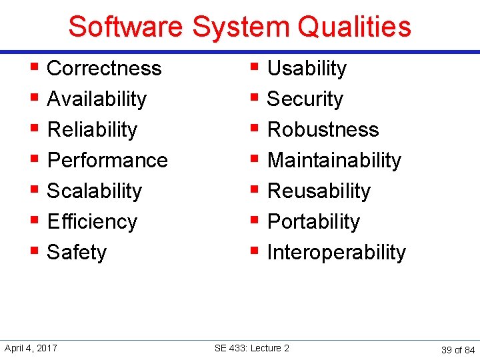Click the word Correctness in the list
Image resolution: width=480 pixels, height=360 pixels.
coord(104,69)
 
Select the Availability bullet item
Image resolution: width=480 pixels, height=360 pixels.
coord(97,99)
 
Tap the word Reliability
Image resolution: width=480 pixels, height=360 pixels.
coord(92,130)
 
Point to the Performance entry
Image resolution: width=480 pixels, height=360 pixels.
coord(107,161)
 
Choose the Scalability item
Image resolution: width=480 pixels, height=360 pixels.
coord(95,191)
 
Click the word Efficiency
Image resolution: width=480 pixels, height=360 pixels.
coord(92,222)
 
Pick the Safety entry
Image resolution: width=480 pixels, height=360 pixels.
coord(77,253)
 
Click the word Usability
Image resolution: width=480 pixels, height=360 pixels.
coord(307,69)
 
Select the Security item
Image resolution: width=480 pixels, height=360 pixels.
coord(305,99)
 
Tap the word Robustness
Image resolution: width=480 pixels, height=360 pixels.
coord(323,130)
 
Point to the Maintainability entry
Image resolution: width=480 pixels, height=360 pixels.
coord(334,161)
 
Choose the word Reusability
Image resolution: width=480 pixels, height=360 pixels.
coord(319,191)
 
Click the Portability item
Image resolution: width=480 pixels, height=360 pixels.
coord(313,222)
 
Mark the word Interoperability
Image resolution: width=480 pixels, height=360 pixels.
coord(336,253)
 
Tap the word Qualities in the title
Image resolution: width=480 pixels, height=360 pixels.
coord(355,27)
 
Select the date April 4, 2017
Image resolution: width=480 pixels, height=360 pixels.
coord(31,348)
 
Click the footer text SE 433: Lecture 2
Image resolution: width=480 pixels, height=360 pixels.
coord(252,348)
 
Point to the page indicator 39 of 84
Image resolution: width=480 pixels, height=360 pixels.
coord(458,349)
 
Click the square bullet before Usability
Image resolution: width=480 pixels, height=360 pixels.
coord(254,67)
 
